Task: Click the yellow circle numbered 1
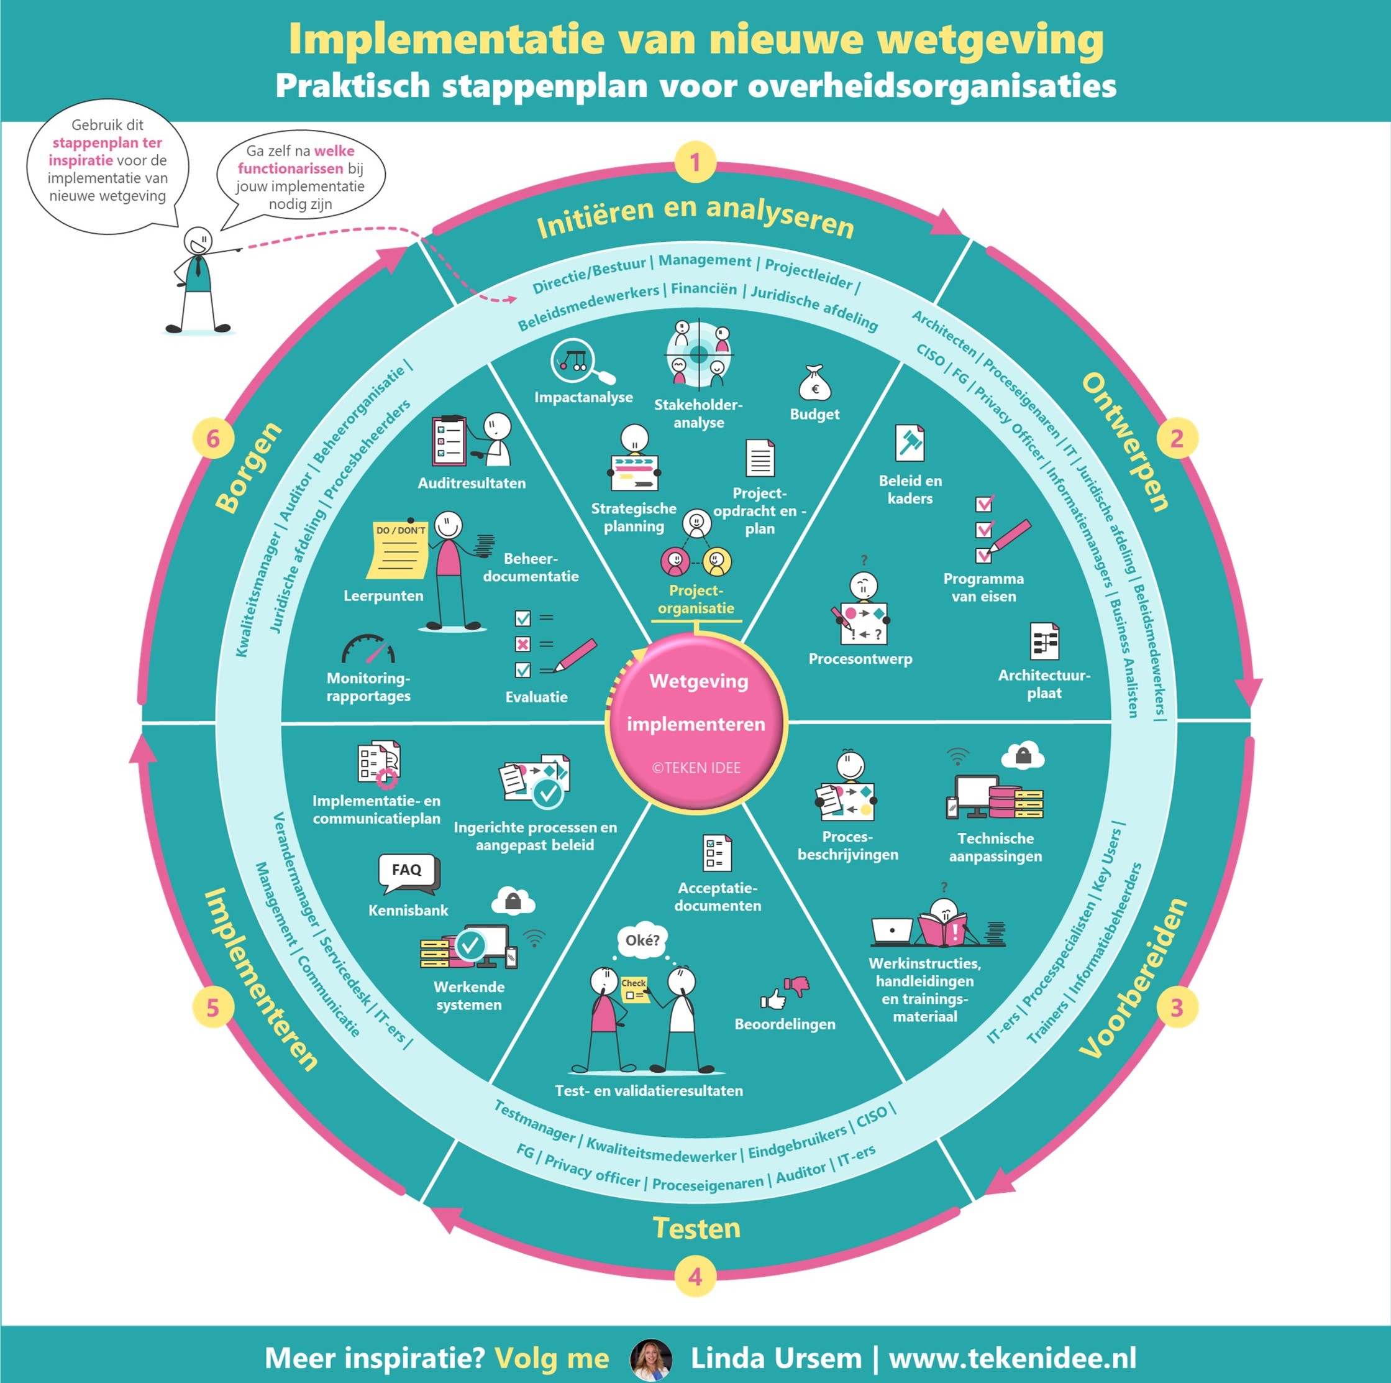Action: point(695,162)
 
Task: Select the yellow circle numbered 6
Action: point(213,439)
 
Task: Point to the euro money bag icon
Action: point(814,384)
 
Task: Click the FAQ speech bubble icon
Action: point(408,871)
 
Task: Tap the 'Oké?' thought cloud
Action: point(642,940)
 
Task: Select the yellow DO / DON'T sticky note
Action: point(398,549)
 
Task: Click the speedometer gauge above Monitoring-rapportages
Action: point(368,649)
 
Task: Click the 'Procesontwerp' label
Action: point(860,659)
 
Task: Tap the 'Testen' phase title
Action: point(696,1228)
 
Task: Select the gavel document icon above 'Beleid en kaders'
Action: point(910,443)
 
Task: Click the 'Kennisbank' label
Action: point(408,911)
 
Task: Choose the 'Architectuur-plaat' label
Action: point(1044,684)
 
